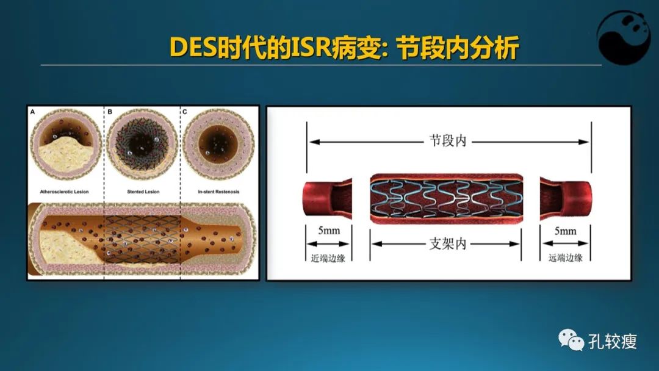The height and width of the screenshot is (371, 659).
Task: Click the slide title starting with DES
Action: [x=344, y=48]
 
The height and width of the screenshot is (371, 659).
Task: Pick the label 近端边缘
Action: [x=328, y=258]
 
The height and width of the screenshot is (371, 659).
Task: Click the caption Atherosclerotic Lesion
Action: [x=65, y=192]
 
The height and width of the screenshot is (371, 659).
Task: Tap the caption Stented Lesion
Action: [x=143, y=192]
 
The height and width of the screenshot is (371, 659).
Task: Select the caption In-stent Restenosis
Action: [x=218, y=192]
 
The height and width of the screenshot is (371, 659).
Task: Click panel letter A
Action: [x=32, y=112]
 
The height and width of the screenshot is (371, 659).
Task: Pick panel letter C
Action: [x=184, y=112]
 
